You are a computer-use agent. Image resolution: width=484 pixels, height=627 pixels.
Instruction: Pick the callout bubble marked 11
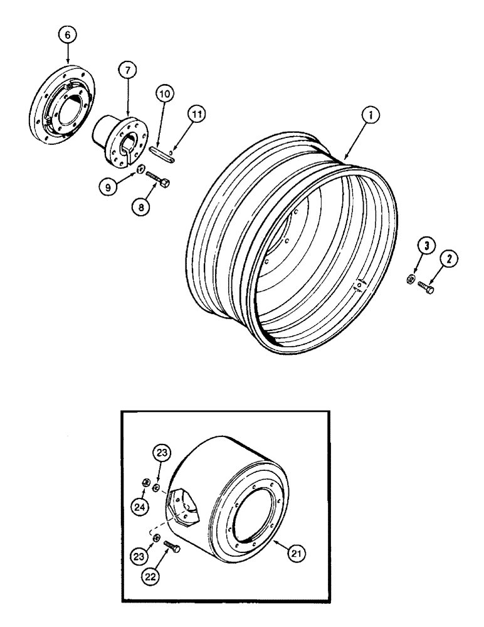[197, 114]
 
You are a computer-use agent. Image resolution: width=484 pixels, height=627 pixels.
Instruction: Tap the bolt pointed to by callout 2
[428, 290]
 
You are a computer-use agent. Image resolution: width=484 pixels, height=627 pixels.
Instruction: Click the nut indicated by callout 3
[408, 278]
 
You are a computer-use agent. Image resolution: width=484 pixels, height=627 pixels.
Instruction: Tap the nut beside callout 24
[145, 482]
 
